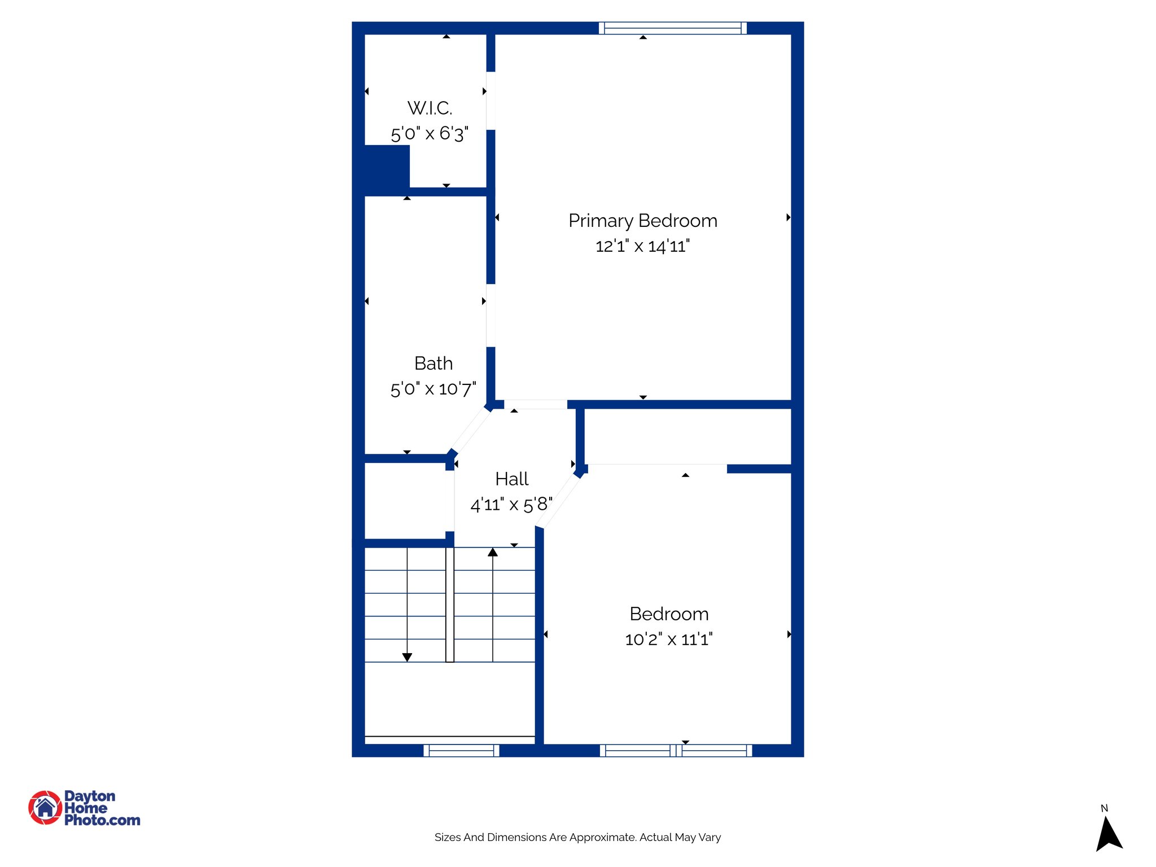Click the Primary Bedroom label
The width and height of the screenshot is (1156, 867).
point(642,221)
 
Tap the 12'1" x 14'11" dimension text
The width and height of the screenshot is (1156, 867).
point(642,246)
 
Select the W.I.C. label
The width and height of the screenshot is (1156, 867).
point(430,108)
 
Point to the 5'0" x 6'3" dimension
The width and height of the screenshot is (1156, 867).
point(430,134)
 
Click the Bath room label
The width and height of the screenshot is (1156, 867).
point(433,363)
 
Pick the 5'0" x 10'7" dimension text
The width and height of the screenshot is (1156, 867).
point(433,389)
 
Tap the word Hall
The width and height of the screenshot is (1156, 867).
point(511,479)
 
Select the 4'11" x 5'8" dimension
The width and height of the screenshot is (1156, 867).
point(511,504)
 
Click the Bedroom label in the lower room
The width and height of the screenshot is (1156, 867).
point(669,614)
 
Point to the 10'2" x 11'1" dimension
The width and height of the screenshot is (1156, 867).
point(669,640)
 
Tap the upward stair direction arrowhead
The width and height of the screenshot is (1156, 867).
point(493,553)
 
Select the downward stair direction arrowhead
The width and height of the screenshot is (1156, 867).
point(407,657)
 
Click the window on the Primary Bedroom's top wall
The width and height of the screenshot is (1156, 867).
point(672,28)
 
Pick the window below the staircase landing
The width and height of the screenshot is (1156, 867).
point(461,750)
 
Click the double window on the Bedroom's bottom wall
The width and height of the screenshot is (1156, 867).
point(676,750)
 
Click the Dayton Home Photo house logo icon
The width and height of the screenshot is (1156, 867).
point(45,807)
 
